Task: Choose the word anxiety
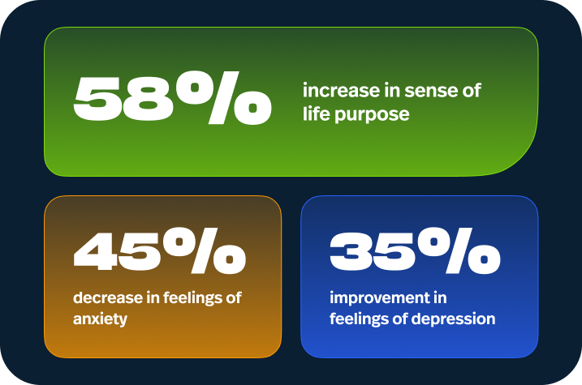(100, 319)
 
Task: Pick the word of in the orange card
(233, 297)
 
